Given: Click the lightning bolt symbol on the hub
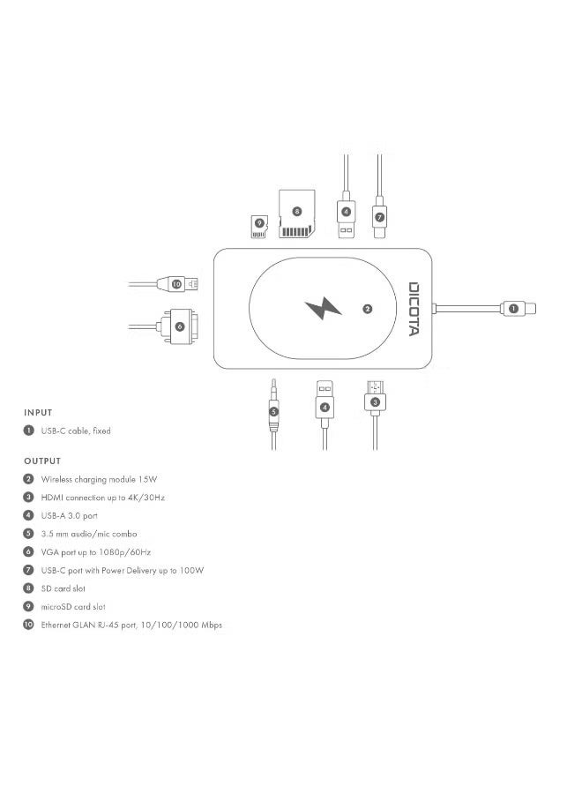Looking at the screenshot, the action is coord(323,309).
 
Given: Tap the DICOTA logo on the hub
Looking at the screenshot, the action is coord(414,309).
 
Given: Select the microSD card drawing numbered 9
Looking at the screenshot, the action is coord(258,227).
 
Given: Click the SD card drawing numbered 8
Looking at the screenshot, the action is coord(297,213).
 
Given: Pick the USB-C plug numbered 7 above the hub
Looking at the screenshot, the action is coord(379,218).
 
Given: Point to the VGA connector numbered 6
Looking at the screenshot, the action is coord(177,326).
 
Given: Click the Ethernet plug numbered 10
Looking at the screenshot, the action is coord(177,284).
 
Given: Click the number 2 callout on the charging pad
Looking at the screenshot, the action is coord(368,309).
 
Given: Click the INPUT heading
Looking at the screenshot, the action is coord(38,413).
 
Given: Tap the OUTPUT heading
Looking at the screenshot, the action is coord(42,461).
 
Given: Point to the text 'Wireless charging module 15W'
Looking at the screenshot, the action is coord(99,479).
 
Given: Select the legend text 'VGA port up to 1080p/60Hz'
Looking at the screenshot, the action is coord(96,552).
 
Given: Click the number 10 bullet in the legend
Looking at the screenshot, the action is coord(28,625).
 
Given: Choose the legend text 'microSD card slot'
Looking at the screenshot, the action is coord(73,607).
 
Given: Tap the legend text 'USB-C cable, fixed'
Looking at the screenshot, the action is coord(76,431).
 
